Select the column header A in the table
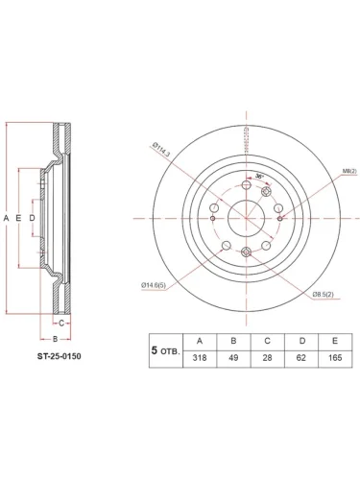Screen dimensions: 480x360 tap(199, 341)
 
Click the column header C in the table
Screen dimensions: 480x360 tap(268, 341)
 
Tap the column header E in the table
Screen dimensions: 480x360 tap(335, 341)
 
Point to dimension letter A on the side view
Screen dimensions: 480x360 tap(6, 219)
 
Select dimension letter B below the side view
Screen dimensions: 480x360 tap(55, 339)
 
